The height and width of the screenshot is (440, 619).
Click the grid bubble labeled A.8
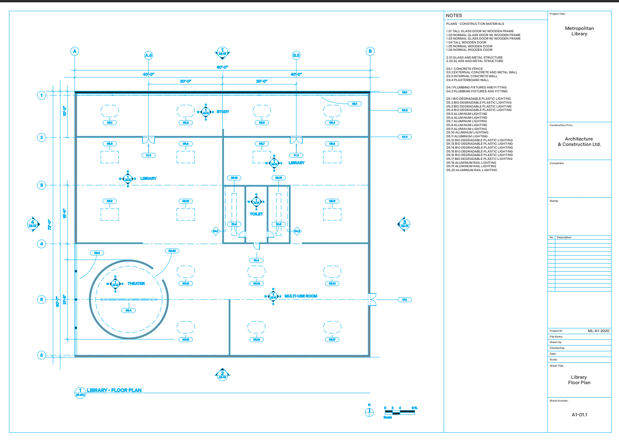pyautogui.click(x=149, y=55)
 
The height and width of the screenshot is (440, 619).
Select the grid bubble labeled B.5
pyautogui.click(x=296, y=55)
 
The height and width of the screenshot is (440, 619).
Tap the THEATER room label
pyautogui.click(x=136, y=284)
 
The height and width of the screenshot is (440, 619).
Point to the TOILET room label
pyautogui.click(x=256, y=214)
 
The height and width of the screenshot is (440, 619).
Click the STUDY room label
pyautogui.click(x=223, y=112)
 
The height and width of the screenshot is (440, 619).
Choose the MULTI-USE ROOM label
pyautogui.click(x=301, y=296)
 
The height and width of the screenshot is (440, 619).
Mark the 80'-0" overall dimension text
pyautogui.click(x=222, y=67)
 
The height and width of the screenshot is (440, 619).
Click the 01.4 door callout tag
pyautogui.click(x=256, y=260)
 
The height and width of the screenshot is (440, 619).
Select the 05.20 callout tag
pyautogui.click(x=172, y=251)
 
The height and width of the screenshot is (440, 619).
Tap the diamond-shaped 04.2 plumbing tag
pyautogui.click(x=297, y=231)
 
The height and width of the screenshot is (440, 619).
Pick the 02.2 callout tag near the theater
pyautogui.click(x=97, y=253)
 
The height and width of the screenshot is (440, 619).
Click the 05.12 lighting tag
pyautogui.click(x=186, y=284)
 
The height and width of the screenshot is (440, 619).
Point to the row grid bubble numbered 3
pyautogui.click(x=41, y=185)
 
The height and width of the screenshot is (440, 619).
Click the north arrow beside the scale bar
pyautogui.click(x=369, y=412)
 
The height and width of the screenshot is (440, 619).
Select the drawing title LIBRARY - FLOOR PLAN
pyautogui.click(x=114, y=390)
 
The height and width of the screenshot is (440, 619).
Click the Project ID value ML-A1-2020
pyautogui.click(x=598, y=331)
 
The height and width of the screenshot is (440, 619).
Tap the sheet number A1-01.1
pyautogui.click(x=579, y=415)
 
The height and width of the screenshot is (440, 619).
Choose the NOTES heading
pyautogui.click(x=454, y=16)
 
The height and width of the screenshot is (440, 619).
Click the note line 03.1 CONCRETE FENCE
pyautogui.click(x=464, y=69)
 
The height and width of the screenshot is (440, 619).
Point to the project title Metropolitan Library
pyautogui.click(x=579, y=31)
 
